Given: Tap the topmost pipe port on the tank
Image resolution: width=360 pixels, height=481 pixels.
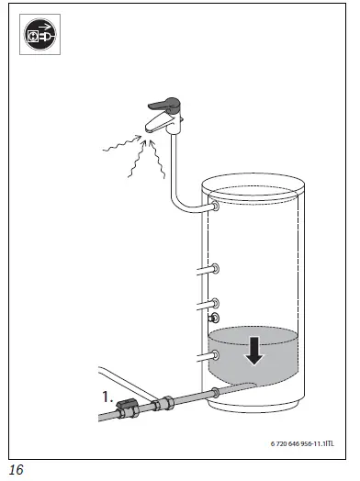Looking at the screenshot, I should (214, 208).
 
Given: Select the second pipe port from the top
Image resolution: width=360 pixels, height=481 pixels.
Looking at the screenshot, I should (214, 268).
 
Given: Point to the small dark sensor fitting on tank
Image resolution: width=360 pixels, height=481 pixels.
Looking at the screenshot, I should (214, 319).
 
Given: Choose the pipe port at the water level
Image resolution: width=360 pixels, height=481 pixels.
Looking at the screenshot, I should (214, 352).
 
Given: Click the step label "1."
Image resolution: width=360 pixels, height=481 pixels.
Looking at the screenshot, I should (108, 397).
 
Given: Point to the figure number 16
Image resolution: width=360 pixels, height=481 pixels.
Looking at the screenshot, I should (17, 469).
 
